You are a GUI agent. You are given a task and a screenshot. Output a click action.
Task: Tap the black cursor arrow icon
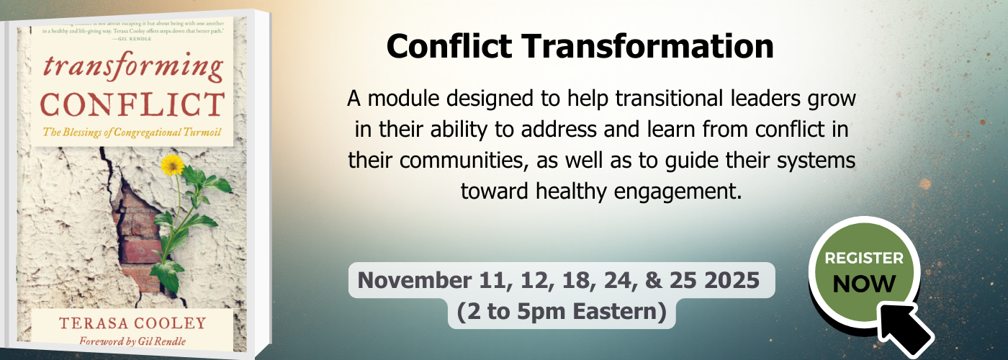(x=904, y=325)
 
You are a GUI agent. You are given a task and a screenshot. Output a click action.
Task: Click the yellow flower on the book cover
(x=172, y=165)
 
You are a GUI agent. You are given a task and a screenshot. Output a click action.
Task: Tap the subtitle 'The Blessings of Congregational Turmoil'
(x=132, y=132)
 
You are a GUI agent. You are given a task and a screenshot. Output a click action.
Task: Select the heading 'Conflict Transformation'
(x=580, y=47)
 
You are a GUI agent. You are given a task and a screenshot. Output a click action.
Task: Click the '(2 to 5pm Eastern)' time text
(x=561, y=312)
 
